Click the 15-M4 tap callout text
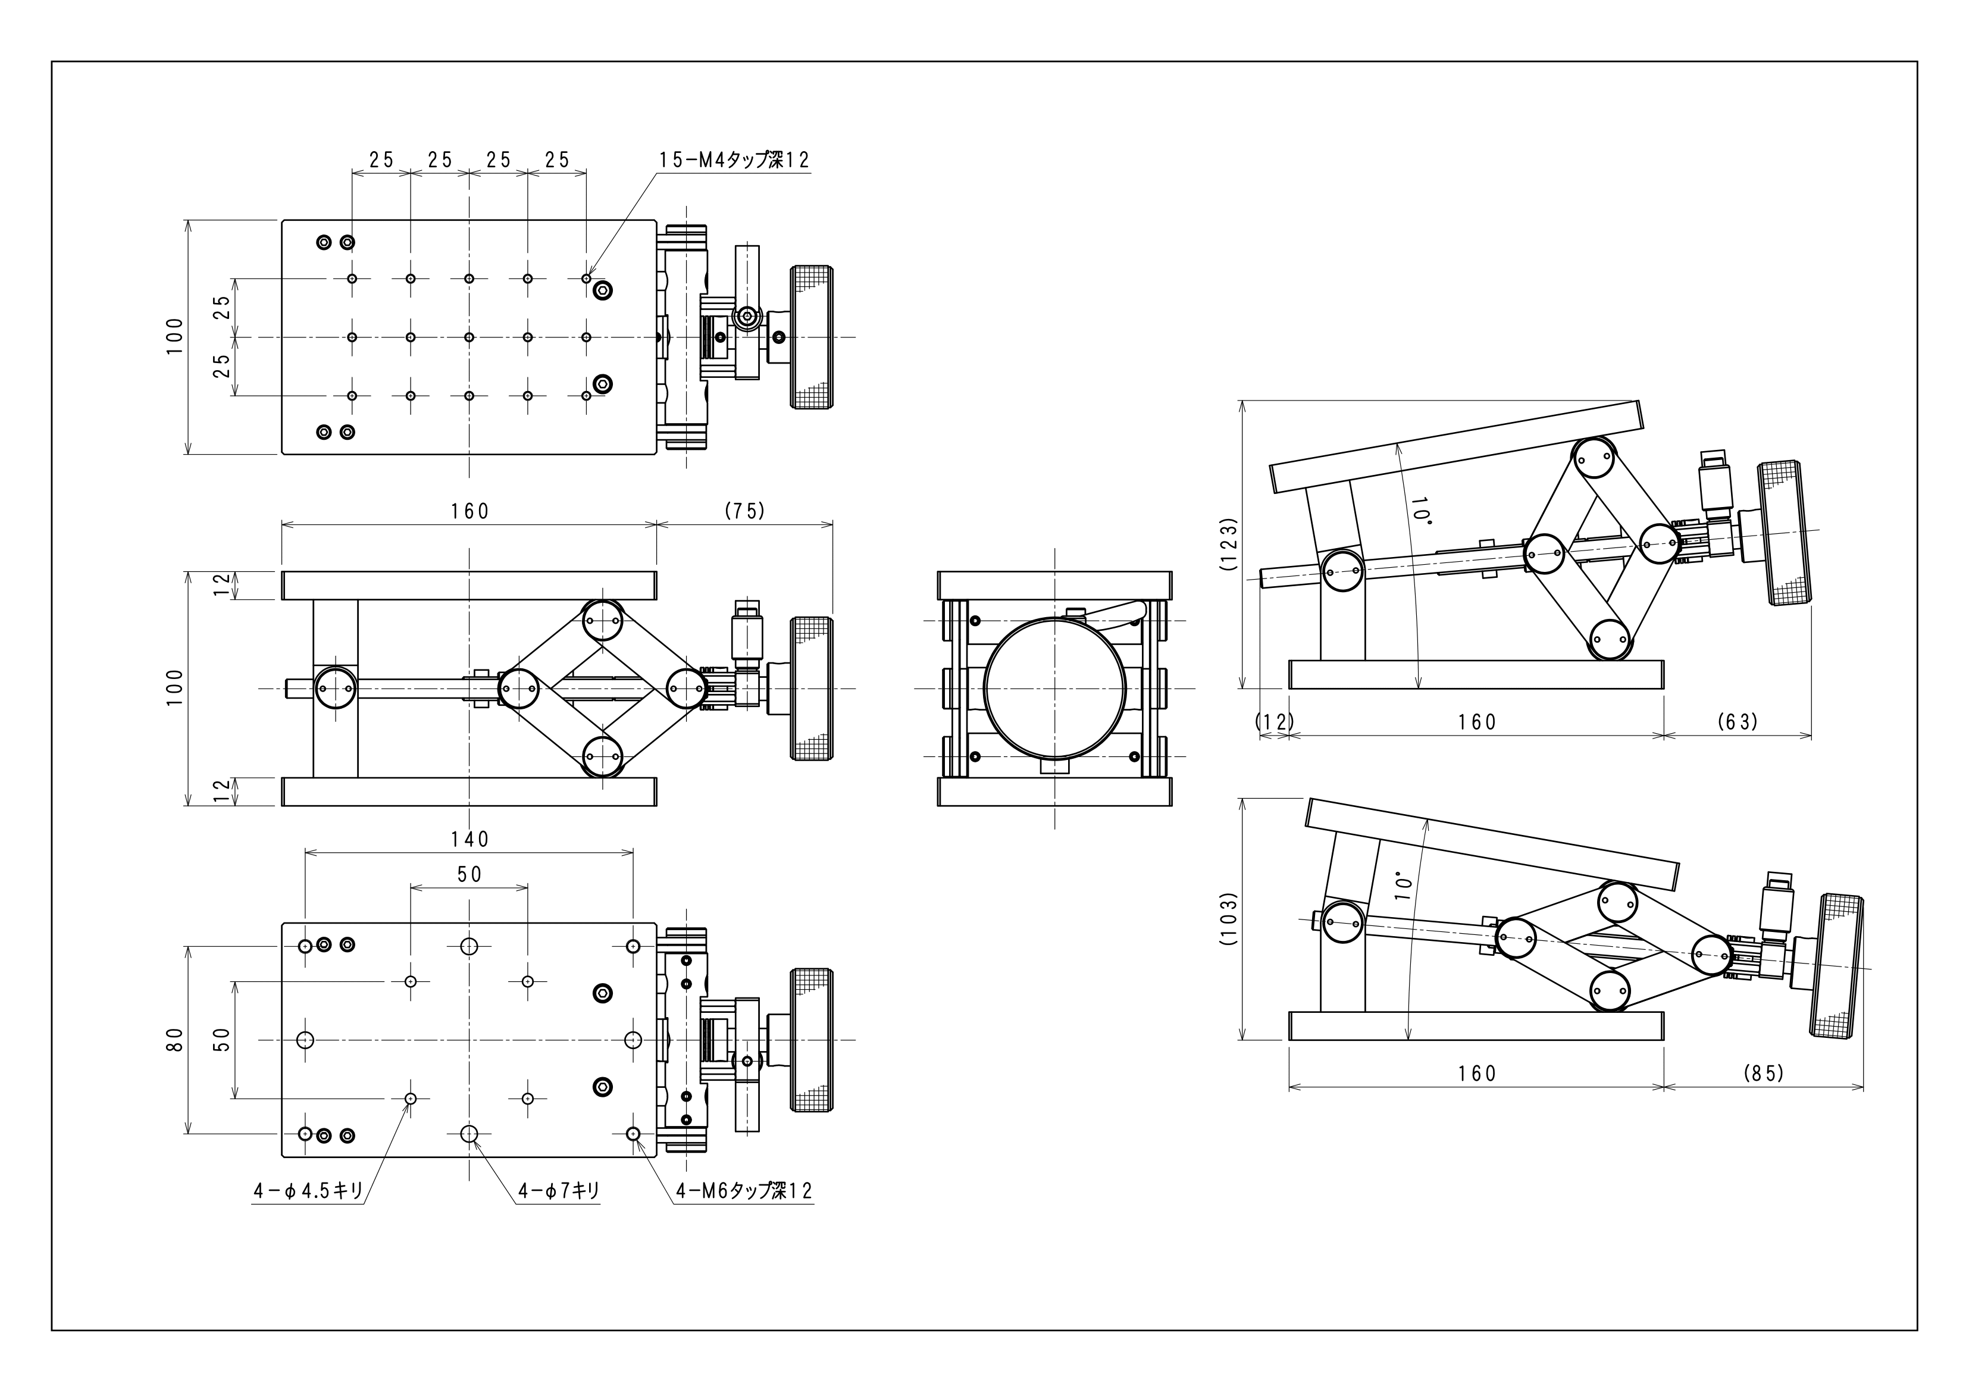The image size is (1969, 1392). click(x=733, y=160)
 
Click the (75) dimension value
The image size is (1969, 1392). click(x=744, y=511)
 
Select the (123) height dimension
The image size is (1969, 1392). click(x=1228, y=544)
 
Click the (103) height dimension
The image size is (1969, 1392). click(x=1228, y=918)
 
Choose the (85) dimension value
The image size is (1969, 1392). click(x=1763, y=1073)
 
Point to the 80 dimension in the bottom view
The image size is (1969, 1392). click(x=175, y=1040)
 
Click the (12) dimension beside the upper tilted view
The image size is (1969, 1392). click(x=1275, y=722)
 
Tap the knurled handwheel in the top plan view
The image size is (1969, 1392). click(x=811, y=337)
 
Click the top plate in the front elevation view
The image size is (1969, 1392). click(x=469, y=586)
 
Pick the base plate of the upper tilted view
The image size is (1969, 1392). click(x=1476, y=674)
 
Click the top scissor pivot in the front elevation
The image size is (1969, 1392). click(x=603, y=621)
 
